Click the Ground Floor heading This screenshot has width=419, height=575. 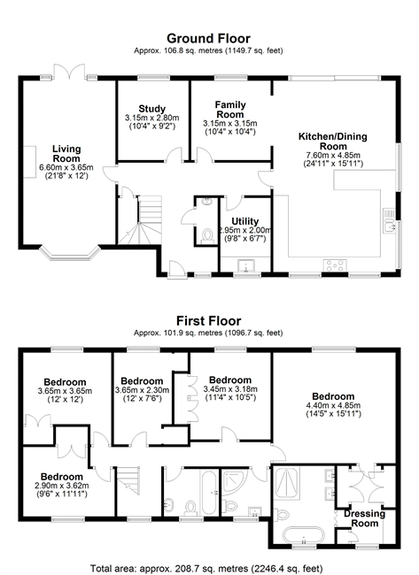tap(208, 39)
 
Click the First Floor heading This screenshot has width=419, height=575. tap(208, 321)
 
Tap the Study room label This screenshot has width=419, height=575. tap(152, 109)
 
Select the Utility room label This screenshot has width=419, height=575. tap(245, 221)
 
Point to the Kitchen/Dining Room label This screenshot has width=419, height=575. tap(333, 142)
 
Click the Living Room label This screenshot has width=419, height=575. tap(66, 154)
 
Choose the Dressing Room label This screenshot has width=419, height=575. tap(364, 518)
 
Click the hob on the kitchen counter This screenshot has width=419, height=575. tap(334, 264)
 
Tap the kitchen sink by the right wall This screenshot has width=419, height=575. tap(389, 221)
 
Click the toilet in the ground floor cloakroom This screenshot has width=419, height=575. tap(207, 235)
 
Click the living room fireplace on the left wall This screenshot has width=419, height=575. tap(29, 162)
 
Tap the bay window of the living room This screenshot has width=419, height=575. tap(70, 254)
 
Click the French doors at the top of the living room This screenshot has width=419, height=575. tap(70, 71)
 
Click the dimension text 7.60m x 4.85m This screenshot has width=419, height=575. tap(333, 155)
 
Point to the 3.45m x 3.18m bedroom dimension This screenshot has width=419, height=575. tap(230, 389)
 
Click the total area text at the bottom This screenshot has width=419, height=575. tap(206, 569)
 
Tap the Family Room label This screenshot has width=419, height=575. tap(230, 110)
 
